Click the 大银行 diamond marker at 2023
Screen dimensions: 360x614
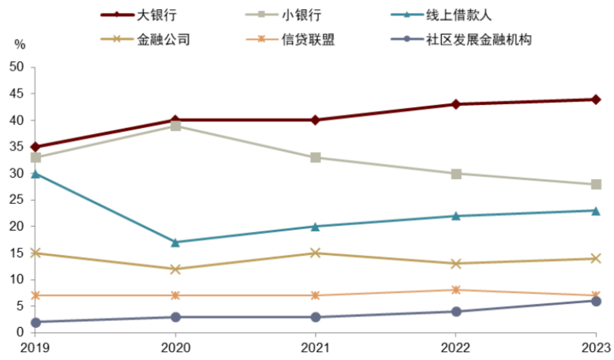596,100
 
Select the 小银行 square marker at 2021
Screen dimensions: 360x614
316,158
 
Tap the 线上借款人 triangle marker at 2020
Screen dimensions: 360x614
175,242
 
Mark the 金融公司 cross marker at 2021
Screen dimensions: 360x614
316,253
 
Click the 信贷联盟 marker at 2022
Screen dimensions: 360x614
456,290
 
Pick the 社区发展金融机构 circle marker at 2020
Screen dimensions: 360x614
175,317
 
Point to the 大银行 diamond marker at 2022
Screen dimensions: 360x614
456,104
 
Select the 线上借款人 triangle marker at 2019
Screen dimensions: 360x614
35,174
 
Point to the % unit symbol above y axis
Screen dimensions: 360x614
20,45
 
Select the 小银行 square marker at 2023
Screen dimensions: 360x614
596,184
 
